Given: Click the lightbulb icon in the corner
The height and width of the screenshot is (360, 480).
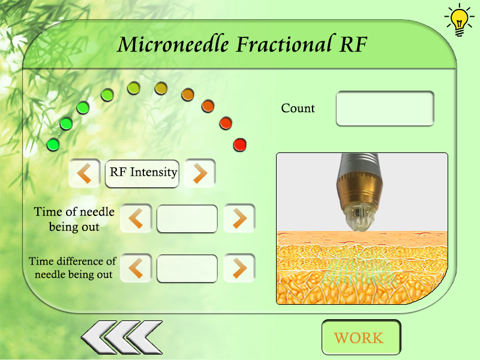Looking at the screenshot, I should [x=459, y=20].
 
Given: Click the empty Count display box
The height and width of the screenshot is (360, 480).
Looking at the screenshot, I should [x=385, y=109].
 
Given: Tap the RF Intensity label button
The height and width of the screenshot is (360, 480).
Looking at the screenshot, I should [x=142, y=173].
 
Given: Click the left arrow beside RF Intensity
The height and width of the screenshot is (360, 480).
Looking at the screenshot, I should [x=85, y=173].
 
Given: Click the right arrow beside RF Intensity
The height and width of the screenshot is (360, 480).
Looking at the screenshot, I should [x=200, y=173].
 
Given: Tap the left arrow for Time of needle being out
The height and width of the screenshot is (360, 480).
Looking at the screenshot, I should [x=136, y=218].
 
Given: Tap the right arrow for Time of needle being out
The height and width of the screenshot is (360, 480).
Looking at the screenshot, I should [x=239, y=218].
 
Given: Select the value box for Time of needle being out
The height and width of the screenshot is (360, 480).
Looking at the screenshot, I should [x=187, y=218].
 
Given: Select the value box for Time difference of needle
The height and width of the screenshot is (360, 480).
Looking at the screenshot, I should [x=187, y=268].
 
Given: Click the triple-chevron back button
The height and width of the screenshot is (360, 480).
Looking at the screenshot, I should [x=122, y=337].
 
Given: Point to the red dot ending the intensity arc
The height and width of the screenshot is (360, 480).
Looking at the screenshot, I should [x=240, y=145].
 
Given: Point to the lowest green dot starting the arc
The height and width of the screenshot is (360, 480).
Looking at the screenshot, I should [x=53, y=144].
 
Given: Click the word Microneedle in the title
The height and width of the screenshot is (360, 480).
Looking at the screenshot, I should [x=174, y=44].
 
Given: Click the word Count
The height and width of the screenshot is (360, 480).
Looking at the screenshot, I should [x=298, y=109].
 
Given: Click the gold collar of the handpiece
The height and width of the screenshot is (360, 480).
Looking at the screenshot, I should [x=358, y=191].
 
